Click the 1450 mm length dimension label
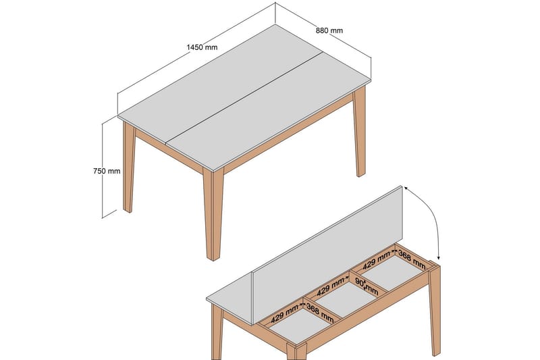(202, 47)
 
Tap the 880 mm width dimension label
(329, 30)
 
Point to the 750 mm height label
(107, 171)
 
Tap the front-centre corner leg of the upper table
(213, 216)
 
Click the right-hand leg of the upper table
(360, 135)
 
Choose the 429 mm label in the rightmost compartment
(377, 259)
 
